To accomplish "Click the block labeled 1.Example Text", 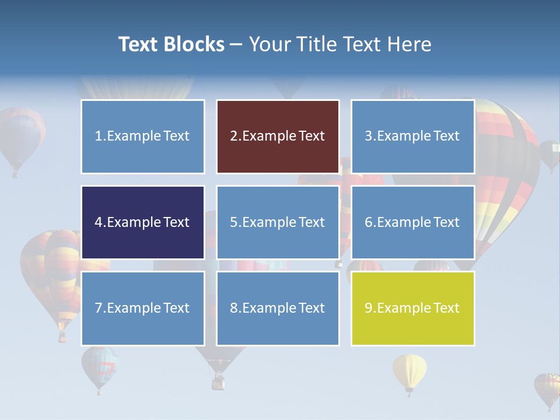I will tap(142, 136).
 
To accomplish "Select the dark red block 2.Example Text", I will tap(278, 136).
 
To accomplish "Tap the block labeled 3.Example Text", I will tap(412, 136).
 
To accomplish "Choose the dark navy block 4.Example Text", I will tap(142, 222).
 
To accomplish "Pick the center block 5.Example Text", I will tap(278, 222).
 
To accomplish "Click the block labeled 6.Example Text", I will tap(412, 222).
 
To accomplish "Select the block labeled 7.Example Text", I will tap(142, 308).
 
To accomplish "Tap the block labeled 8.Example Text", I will tap(278, 308).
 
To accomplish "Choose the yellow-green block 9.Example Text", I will tap(412, 308).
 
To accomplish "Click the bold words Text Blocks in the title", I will tap(171, 44).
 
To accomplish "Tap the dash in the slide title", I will tap(236, 45).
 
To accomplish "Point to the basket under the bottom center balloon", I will tap(218, 383).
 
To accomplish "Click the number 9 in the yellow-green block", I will tap(369, 308).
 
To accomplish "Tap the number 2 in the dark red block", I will tap(233, 136).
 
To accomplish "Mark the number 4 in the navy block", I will tap(99, 222).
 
